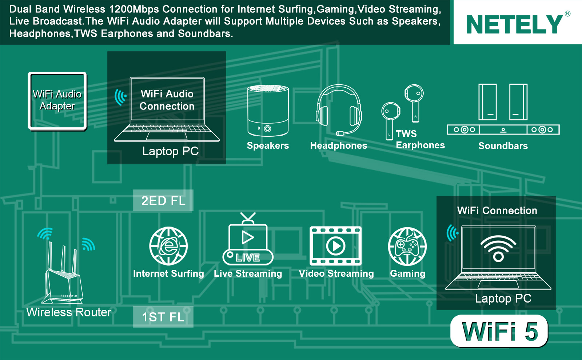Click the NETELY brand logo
point(515,24)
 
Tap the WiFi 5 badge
point(499,331)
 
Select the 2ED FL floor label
point(163,200)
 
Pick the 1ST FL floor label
point(163,317)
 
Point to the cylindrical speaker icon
point(268,111)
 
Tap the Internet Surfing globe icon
point(168,246)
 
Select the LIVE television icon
point(248,239)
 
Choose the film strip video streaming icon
point(335,246)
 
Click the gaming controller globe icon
point(407,247)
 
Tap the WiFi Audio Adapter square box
point(57,101)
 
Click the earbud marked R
point(414,103)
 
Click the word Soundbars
point(503,146)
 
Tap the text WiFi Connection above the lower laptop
point(497,211)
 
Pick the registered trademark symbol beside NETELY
point(567,13)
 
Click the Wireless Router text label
point(69,312)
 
